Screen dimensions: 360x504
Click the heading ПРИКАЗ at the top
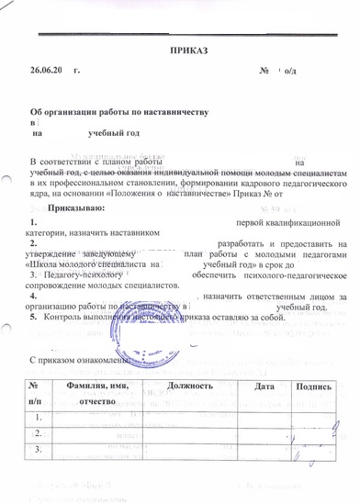(189, 49)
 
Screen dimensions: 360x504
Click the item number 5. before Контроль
(34, 316)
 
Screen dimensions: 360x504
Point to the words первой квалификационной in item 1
(288, 223)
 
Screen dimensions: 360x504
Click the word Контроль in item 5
(62, 316)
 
